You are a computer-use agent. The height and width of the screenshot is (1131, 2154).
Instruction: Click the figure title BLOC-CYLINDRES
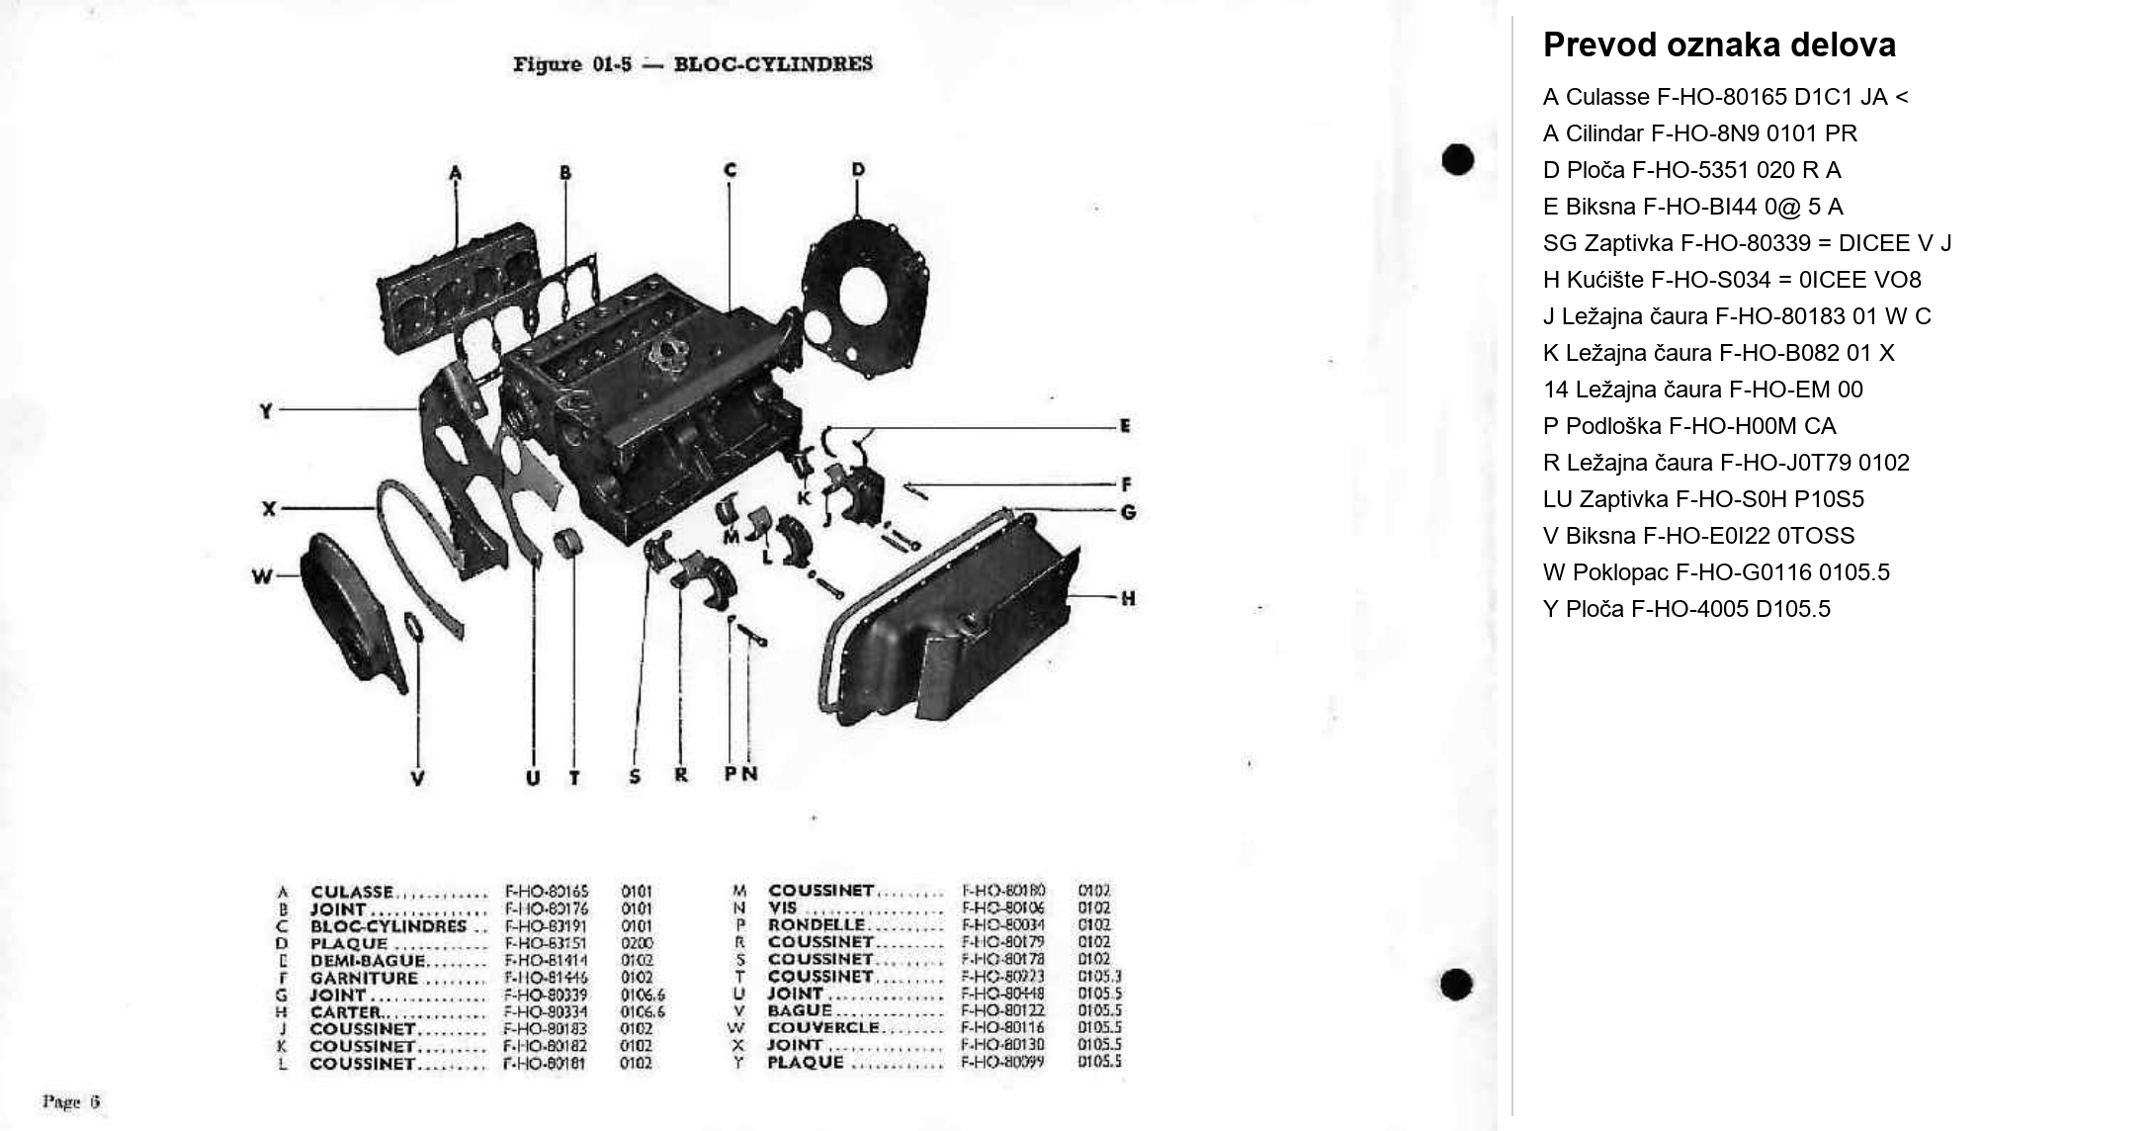tap(772, 64)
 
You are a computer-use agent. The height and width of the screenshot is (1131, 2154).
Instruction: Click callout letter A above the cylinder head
tap(455, 174)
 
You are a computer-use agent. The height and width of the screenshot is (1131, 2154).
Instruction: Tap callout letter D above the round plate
tap(857, 170)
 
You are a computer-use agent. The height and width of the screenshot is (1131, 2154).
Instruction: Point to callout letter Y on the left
tap(266, 410)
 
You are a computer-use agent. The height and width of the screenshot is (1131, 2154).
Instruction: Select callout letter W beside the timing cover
tap(261, 576)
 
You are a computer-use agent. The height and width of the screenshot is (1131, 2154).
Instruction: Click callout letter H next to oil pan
tap(1128, 598)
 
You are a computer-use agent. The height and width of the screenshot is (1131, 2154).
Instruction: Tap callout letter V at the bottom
tap(417, 778)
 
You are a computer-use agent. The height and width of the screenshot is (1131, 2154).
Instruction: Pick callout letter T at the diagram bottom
tap(574, 778)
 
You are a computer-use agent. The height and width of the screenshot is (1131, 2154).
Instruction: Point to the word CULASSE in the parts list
tap(352, 892)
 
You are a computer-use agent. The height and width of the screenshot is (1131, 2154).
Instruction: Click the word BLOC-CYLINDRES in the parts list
tap(388, 926)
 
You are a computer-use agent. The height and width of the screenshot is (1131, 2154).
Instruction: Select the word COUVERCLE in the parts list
tap(823, 1028)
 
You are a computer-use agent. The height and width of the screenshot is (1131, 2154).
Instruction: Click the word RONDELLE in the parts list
tap(817, 925)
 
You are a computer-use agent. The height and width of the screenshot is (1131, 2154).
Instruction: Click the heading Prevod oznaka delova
tap(1719, 45)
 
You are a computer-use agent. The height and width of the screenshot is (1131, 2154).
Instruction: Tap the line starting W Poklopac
tap(1716, 572)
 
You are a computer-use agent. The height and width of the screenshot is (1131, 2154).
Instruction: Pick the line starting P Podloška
tap(1689, 426)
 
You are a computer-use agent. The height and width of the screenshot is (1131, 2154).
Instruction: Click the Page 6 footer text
tap(71, 1101)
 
